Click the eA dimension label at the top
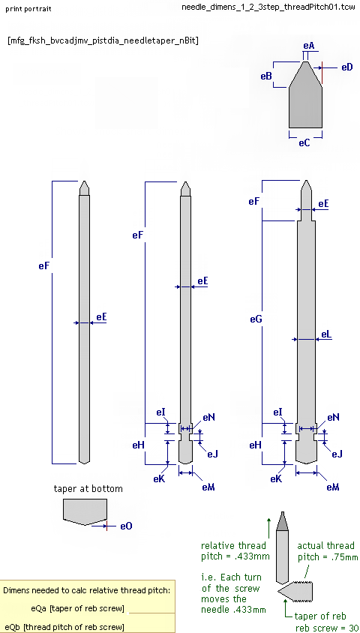[x=309, y=46]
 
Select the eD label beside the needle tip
[x=347, y=67]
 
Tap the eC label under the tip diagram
[x=304, y=142]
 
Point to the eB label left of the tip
[x=266, y=76]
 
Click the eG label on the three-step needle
[x=256, y=319]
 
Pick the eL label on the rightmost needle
[x=326, y=334]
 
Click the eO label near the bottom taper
[x=126, y=526]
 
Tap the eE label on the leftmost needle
[x=101, y=317]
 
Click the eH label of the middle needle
[x=138, y=445]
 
